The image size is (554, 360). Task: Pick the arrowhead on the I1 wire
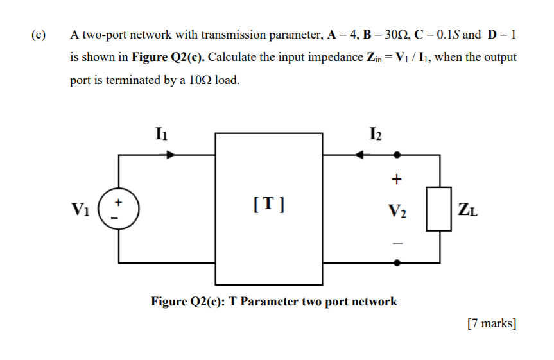click(x=170, y=155)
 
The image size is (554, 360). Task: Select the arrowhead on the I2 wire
click(x=361, y=155)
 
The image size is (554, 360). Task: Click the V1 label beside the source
click(x=81, y=210)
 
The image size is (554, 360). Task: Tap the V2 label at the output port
click(x=396, y=210)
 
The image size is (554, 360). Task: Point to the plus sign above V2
click(x=397, y=179)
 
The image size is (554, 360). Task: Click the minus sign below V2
click(x=397, y=243)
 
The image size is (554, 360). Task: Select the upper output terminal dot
click(x=397, y=155)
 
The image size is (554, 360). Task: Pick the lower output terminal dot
click(x=397, y=262)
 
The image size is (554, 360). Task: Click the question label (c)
click(x=39, y=35)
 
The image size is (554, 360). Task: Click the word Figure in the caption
click(x=169, y=301)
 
